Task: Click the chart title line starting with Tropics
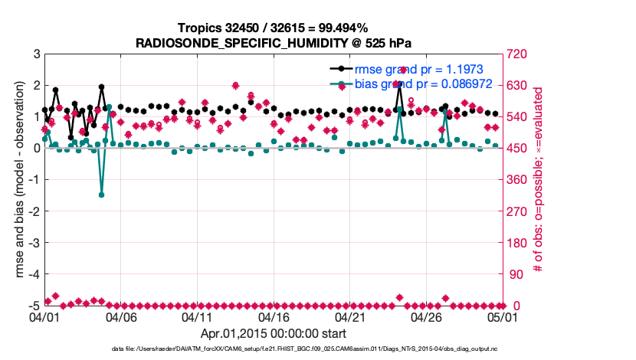[273, 28]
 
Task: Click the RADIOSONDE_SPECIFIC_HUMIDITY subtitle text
[274, 43]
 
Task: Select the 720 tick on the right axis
[516, 54]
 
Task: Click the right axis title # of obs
[539, 180]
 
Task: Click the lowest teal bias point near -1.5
[101, 195]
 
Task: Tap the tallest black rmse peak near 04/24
[399, 83]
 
